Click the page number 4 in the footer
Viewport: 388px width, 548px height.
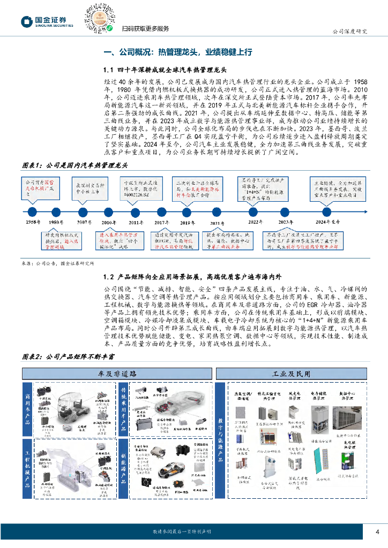pyautogui.click(x=377, y=531)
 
